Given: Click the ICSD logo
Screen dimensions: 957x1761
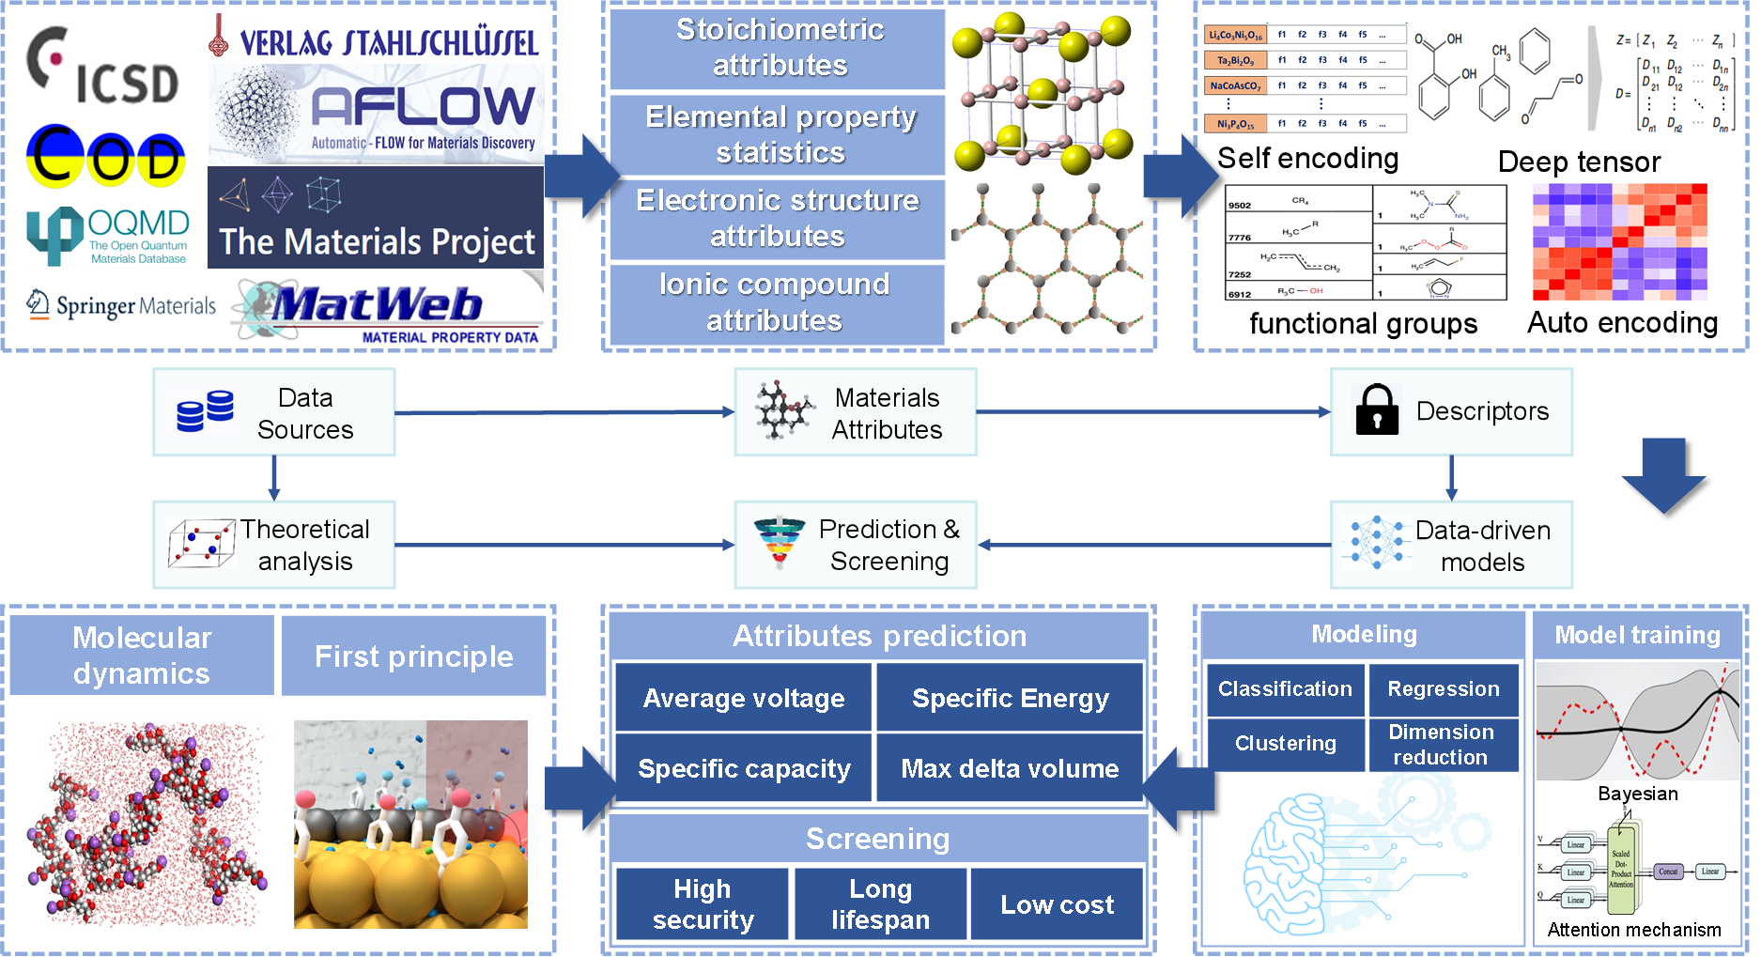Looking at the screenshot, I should [100, 63].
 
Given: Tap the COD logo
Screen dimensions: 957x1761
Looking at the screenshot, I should [105, 159].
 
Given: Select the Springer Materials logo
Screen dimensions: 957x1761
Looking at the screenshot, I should [120, 305].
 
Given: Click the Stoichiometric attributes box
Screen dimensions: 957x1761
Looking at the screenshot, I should [778, 48].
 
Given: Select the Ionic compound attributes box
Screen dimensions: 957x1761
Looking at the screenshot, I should [776, 303].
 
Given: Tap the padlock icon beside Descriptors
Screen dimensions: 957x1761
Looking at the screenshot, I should [1377, 410].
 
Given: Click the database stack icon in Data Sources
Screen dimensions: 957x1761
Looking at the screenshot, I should [205, 411].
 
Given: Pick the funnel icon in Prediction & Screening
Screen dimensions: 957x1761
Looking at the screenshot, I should [779, 542].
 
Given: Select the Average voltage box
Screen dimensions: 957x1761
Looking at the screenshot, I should [743, 698].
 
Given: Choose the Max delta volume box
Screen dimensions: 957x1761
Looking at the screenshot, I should [1010, 768].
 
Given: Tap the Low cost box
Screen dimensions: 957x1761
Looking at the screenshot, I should [1057, 904].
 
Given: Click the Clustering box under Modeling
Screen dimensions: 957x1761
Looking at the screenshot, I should [1285, 743].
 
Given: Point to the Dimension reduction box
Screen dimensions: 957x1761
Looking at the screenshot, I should [1442, 744].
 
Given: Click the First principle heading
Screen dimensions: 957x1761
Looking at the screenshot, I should [413, 656].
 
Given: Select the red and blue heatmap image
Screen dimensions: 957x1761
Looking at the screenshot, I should [1620, 241].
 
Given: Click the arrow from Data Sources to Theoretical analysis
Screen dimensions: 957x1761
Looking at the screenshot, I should [273, 478].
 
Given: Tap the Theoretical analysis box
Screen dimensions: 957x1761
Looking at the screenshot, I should [274, 545].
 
